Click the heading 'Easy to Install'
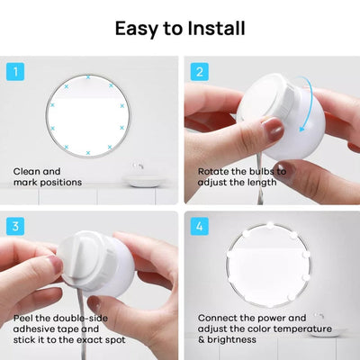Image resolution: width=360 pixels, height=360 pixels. [x=180, y=27]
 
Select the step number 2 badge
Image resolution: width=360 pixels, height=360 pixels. [x=198, y=71]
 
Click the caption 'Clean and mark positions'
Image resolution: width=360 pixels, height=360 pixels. [x=47, y=176]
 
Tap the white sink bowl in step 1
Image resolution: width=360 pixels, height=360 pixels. [x=141, y=181]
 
